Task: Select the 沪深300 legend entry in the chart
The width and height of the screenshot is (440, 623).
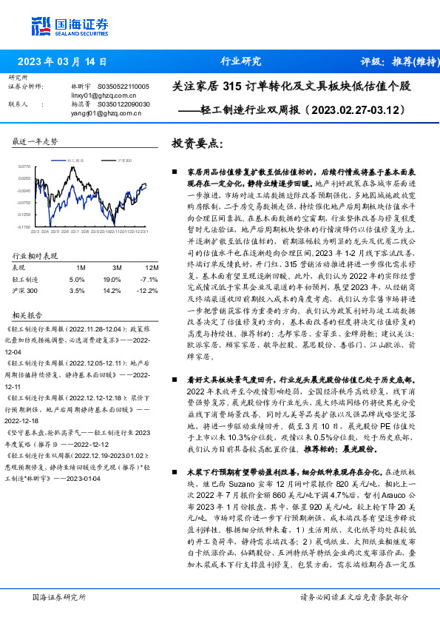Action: (x=123, y=160)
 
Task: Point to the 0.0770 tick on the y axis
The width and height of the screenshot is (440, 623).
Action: (x=25, y=167)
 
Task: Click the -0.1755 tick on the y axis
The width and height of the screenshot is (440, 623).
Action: (x=25, y=227)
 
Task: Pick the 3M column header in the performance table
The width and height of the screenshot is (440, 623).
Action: (x=117, y=267)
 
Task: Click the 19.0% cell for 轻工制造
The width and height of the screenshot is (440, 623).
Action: (x=112, y=279)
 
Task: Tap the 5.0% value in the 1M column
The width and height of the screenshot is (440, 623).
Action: (x=77, y=279)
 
